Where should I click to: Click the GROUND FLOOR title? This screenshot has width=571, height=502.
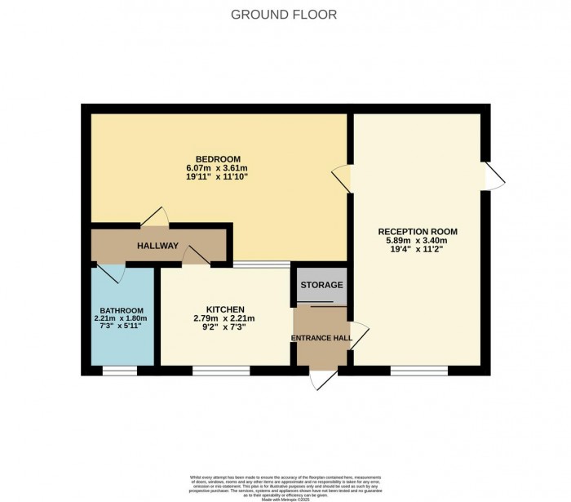284,15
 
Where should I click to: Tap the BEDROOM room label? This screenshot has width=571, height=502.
218,158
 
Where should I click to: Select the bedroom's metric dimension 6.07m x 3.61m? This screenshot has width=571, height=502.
218,167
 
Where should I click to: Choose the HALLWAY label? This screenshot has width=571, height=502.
157,246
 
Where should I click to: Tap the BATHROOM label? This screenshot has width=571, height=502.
122,310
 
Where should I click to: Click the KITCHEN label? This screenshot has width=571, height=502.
225,309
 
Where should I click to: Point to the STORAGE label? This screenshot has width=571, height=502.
321,285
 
